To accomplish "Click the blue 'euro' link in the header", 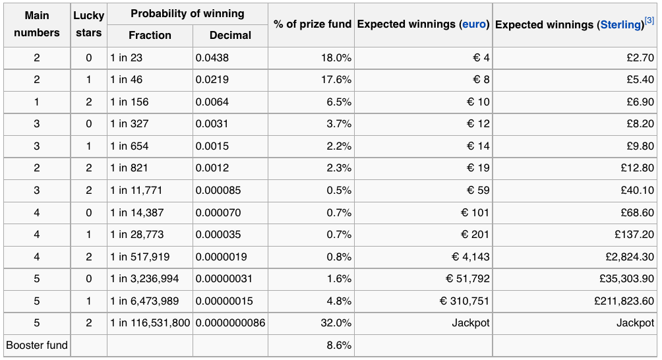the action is tap(474, 24).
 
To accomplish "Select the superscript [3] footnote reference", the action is tap(649, 20).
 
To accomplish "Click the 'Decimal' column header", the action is tap(230, 36).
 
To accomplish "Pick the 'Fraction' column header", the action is tap(150, 36).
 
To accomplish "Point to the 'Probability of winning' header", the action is tap(187, 13).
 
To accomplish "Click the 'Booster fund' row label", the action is tap(37, 345).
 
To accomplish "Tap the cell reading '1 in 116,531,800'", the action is tap(150, 323).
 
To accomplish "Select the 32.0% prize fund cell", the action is tap(336, 323).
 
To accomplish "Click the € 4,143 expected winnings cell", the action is tap(470, 257).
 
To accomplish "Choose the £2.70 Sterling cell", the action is tap(640, 58).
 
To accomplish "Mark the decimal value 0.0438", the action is tap(212, 58).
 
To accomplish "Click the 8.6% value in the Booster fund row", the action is tap(339, 345).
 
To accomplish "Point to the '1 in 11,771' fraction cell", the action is tap(136, 191).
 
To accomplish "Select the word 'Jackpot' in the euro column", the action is tap(471, 323).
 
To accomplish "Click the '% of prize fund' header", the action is tap(313, 24).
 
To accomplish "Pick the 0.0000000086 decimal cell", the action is tap(231, 323).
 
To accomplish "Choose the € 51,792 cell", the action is tap(467, 279).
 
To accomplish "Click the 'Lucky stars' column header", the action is tap(88, 24).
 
